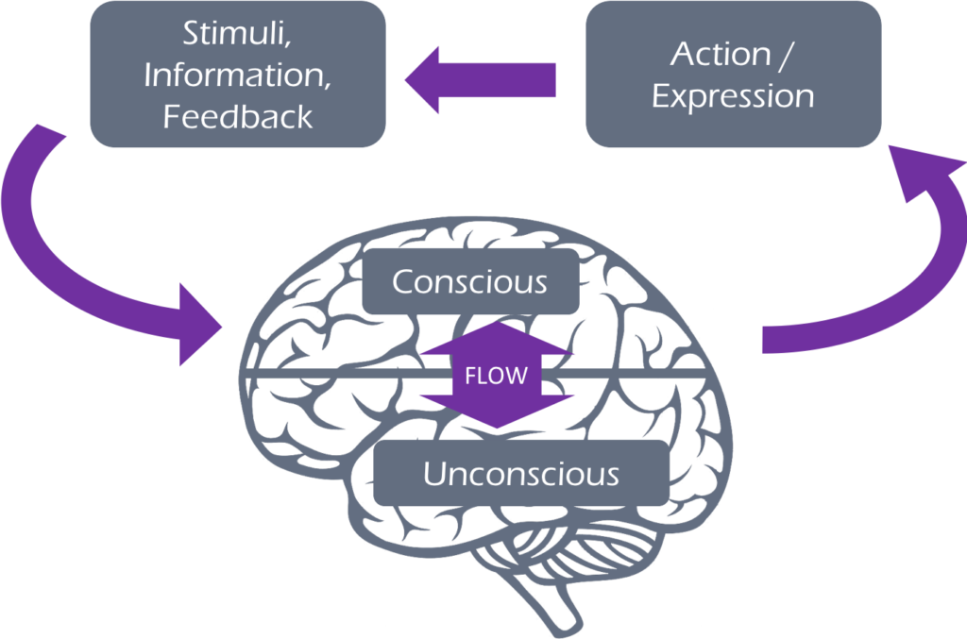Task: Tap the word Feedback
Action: point(237,116)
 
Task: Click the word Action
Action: point(717,54)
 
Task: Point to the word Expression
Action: point(733,96)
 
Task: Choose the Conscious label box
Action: point(469,281)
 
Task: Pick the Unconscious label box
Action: point(520,473)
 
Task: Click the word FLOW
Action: point(496,376)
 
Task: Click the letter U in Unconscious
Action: point(433,473)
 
